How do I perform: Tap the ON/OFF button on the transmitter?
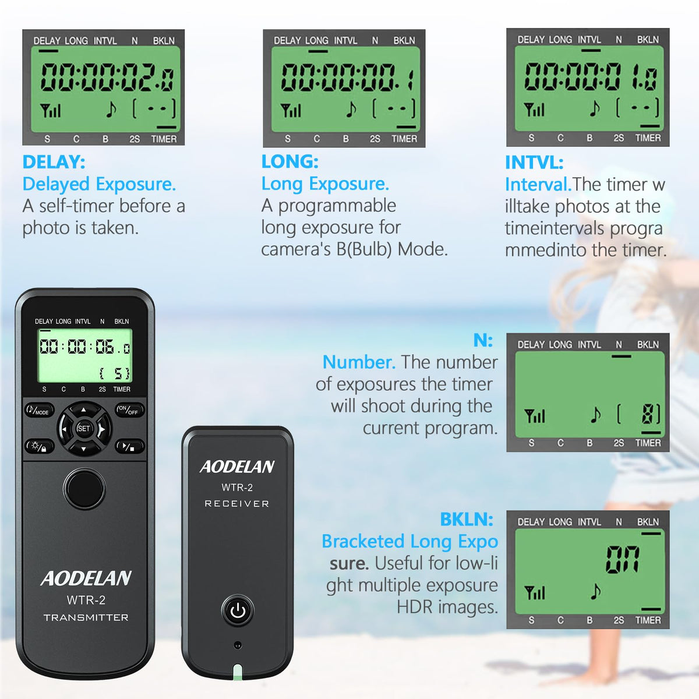(130, 410)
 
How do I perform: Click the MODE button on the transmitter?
(39, 410)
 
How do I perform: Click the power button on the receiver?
(238, 610)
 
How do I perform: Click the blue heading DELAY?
(54, 162)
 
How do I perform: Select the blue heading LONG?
(290, 161)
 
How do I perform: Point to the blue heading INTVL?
(534, 162)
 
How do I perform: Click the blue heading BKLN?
(467, 520)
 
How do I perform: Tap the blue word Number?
(359, 362)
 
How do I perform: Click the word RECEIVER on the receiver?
(237, 504)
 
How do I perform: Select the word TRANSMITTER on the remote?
(86, 618)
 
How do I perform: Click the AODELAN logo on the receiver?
(237, 467)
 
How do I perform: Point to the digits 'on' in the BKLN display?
(623, 560)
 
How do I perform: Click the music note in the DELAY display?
(111, 109)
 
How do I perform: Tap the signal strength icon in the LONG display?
(290, 110)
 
